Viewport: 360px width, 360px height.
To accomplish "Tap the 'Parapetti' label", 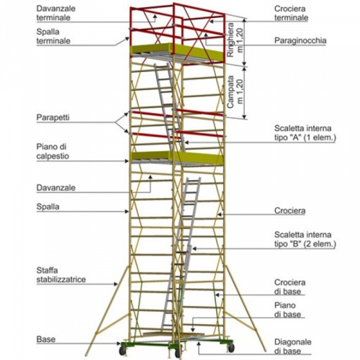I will click(53, 118).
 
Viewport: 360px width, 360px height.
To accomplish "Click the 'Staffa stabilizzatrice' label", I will click(61, 274).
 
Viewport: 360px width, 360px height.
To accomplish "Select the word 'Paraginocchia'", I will click(300, 41).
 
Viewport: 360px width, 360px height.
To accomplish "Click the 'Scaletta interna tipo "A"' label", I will click(304, 132).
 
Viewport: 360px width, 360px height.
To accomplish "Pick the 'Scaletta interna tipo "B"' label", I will click(304, 239).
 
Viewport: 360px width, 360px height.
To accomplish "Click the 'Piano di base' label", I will click(285, 310).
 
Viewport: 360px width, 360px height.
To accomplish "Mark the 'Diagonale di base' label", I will click(293, 346).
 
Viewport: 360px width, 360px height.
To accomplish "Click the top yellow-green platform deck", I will click(177, 52).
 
